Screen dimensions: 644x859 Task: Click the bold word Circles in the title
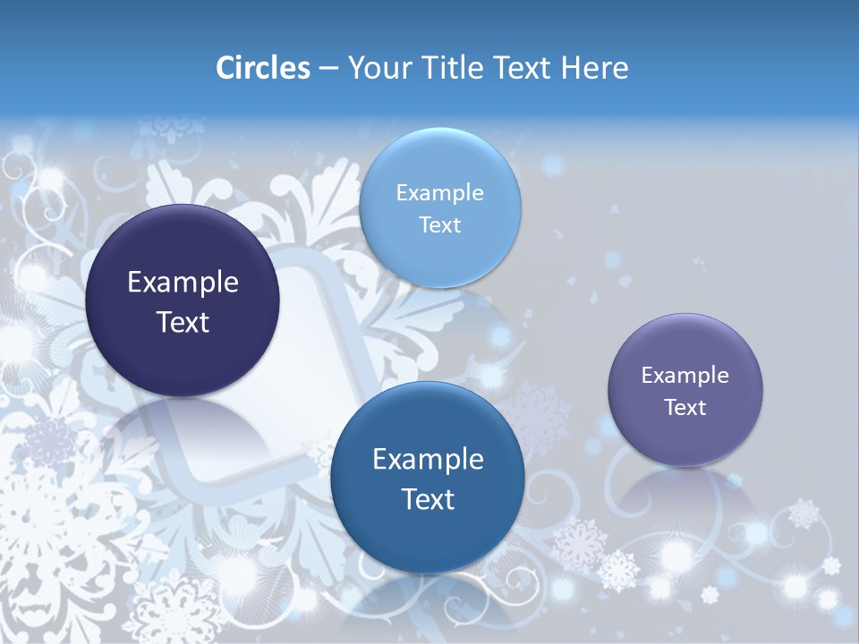tap(263, 68)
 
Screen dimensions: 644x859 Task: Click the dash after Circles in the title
tap(328, 69)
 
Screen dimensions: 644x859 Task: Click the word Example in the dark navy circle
tap(183, 283)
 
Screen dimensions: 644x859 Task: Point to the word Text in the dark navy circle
tap(183, 322)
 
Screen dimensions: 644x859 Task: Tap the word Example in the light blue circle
tap(439, 193)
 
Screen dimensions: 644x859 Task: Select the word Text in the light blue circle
tap(439, 225)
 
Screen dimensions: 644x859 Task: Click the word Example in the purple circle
tap(685, 376)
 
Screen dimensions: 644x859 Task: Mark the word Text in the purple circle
tap(685, 408)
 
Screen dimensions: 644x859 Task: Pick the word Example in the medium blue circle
tap(428, 460)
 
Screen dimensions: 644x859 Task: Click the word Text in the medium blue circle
tap(428, 499)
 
